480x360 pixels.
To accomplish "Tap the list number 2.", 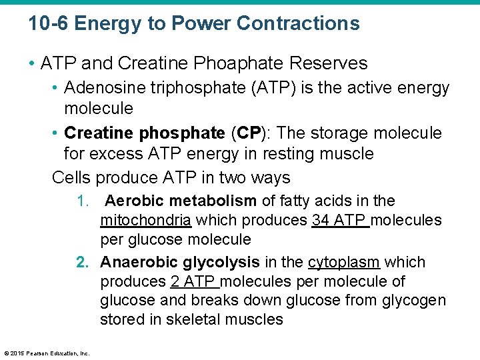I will click(x=83, y=263).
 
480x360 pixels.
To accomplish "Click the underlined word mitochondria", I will click(x=146, y=220).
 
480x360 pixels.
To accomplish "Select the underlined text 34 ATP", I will click(x=339, y=220).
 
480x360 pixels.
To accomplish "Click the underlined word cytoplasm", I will click(x=344, y=263).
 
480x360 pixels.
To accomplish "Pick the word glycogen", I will click(x=414, y=301).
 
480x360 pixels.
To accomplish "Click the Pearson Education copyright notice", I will click(x=47, y=353).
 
